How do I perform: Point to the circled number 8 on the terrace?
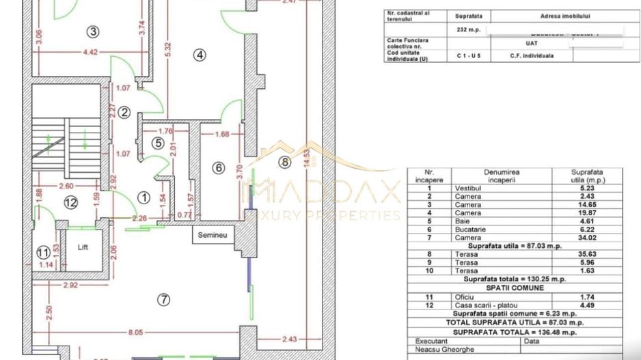[x=284, y=162]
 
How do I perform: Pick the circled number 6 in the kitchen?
[x=219, y=168]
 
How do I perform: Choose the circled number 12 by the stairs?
[x=70, y=202]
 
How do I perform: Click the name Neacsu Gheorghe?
[x=439, y=348]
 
